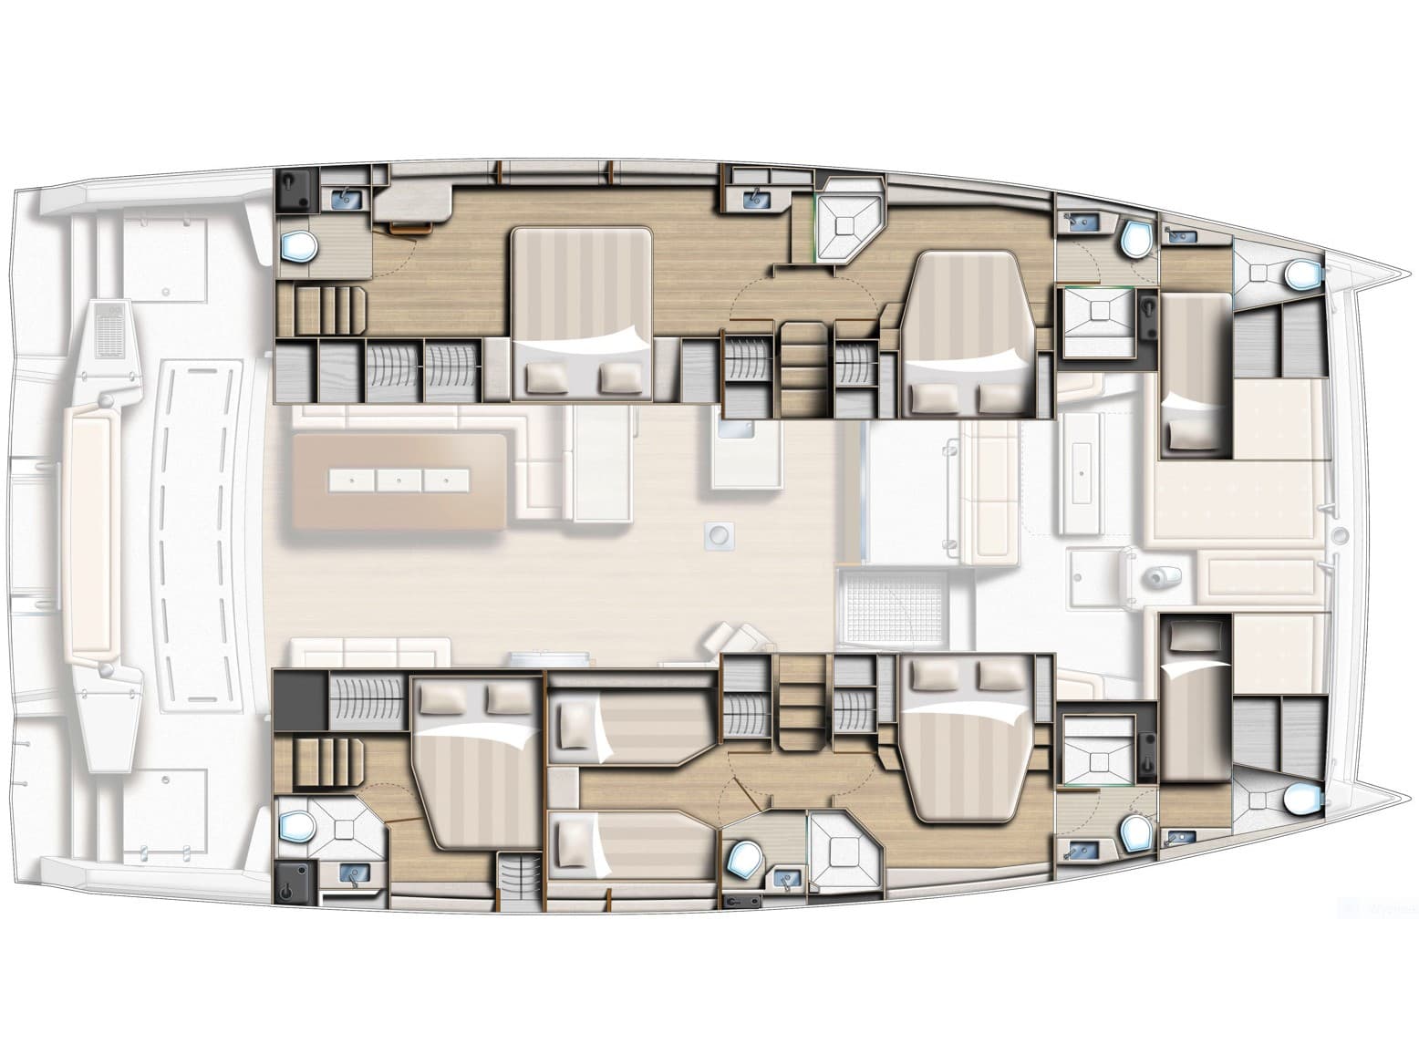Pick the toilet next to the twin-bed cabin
744,860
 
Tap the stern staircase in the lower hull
321,764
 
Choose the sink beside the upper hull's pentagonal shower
756,194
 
